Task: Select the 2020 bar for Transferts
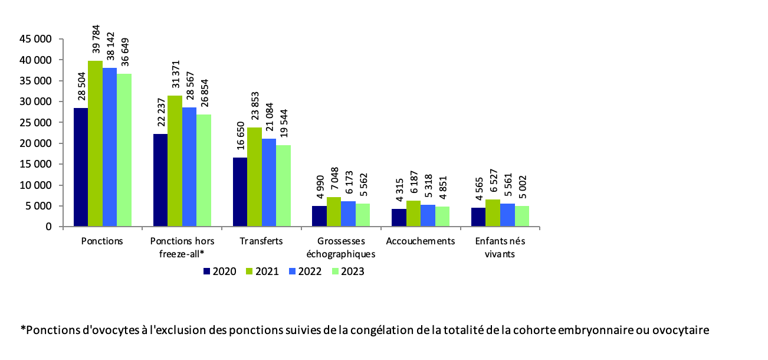[x=240, y=192]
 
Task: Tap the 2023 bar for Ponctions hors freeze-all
[x=204, y=171]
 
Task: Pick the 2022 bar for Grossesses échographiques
[x=348, y=214]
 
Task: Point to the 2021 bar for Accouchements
[x=413, y=214]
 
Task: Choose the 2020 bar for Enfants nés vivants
[x=478, y=217]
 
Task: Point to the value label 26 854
[x=204, y=95]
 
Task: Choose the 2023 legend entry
[x=347, y=271]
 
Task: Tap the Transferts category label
[x=261, y=241]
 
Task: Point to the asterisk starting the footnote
[x=23, y=329]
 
